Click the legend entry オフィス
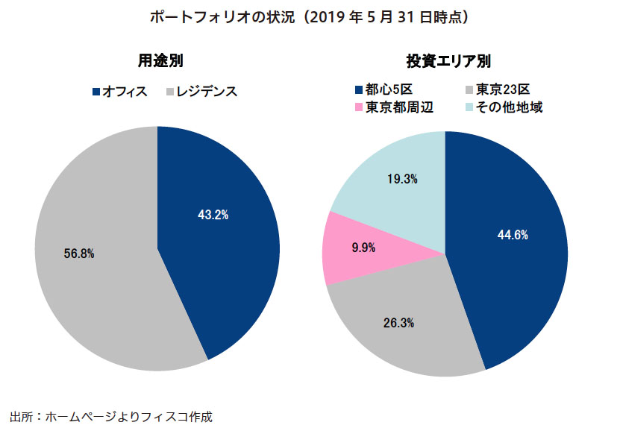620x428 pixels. pos(124,92)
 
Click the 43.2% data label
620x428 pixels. pos(213,215)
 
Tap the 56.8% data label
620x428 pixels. pos(79,254)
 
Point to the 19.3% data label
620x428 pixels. pos(402,178)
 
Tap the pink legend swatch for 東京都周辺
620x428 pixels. pos(360,107)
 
